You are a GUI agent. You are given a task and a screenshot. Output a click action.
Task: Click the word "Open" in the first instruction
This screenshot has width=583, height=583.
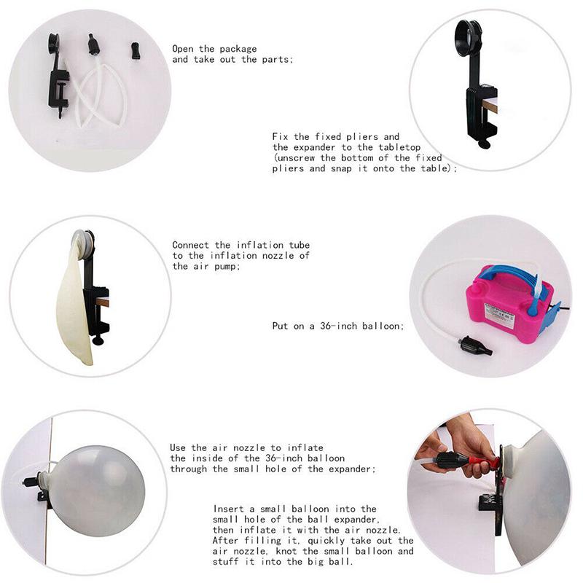pyautogui.click(x=184, y=49)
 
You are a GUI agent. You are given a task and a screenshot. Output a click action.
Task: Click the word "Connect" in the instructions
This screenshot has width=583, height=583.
pyautogui.click(x=192, y=245)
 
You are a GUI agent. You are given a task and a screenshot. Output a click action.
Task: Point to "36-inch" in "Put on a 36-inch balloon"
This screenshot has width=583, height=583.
pyautogui.click(x=340, y=326)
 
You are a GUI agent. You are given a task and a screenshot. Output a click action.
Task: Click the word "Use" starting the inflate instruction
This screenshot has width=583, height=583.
pyautogui.click(x=179, y=447)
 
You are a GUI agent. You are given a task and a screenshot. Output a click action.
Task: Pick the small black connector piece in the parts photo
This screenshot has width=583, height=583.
pyautogui.click(x=135, y=51)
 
